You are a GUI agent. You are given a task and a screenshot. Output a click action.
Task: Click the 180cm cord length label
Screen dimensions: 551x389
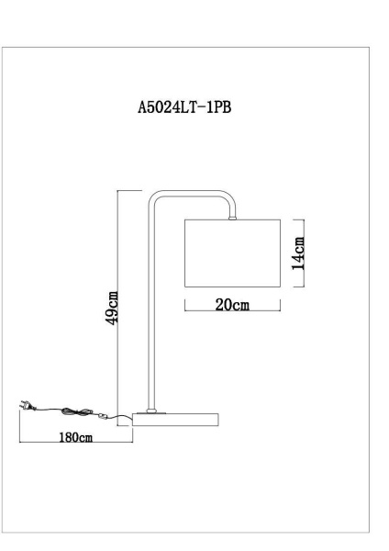pyautogui.click(x=74, y=438)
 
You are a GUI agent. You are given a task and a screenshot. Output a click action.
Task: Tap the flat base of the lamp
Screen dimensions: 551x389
pyautogui.click(x=176, y=420)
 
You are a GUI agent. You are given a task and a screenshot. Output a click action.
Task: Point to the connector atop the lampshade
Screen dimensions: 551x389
pyautogui.click(x=232, y=217)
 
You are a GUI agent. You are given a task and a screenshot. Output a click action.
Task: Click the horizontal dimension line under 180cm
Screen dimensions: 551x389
pyautogui.click(x=75, y=446)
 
